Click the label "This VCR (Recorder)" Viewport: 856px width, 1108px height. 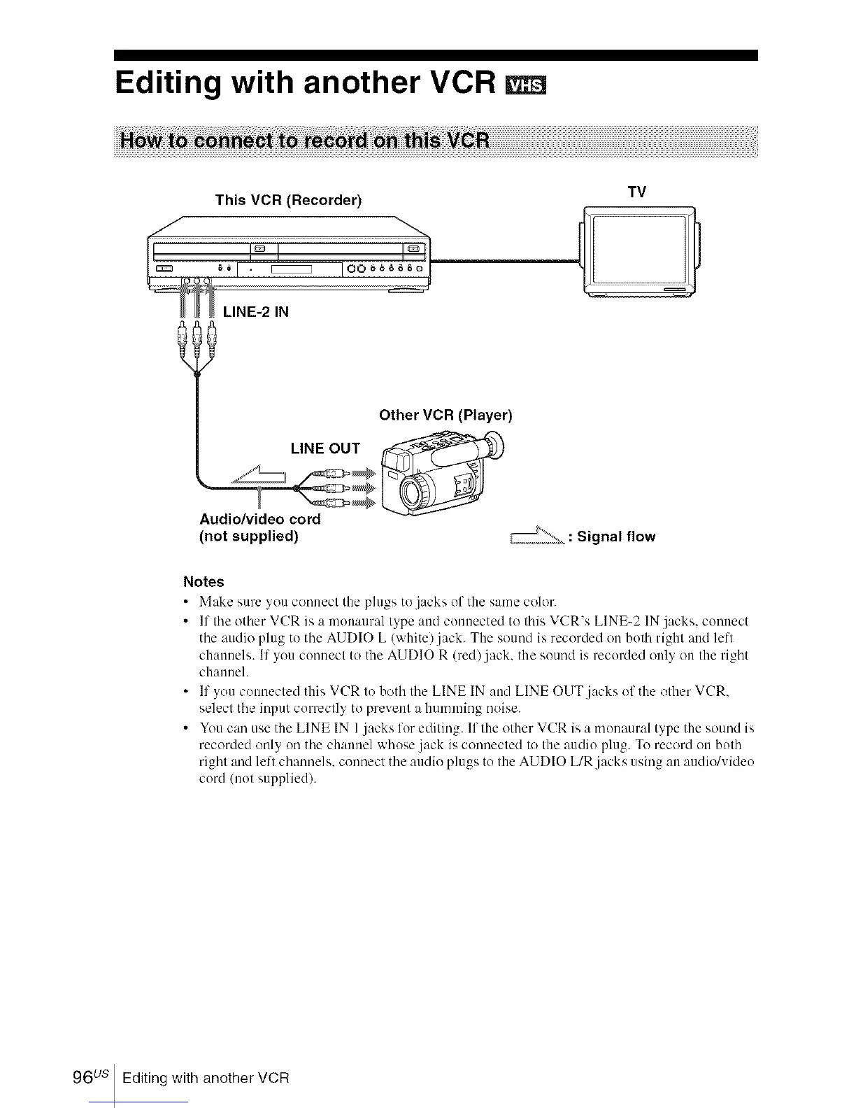click(288, 200)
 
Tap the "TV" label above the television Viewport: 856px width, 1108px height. click(636, 192)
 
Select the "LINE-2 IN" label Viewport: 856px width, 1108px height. click(256, 312)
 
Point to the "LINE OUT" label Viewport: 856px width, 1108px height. click(325, 448)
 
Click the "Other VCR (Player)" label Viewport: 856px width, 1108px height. click(445, 415)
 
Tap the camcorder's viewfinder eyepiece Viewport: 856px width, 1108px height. click(494, 443)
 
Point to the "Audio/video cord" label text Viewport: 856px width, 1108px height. click(260, 519)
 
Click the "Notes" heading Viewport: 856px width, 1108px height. click(204, 582)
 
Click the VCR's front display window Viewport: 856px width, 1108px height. click(291, 269)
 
